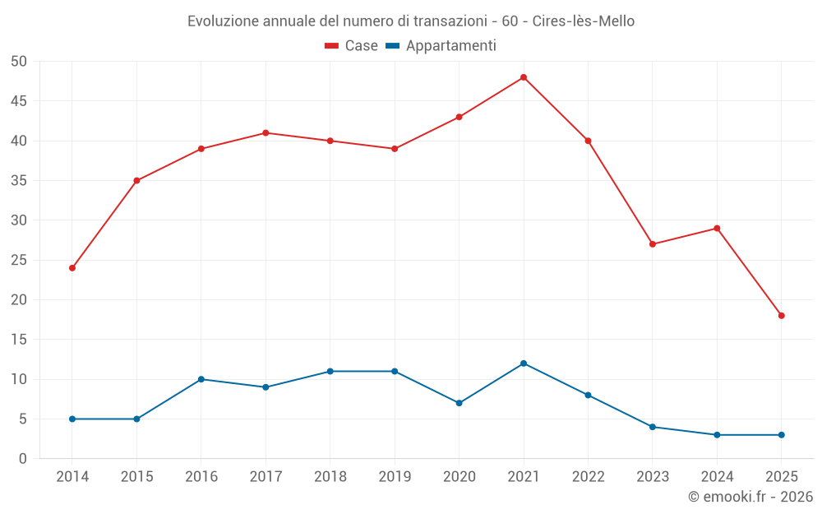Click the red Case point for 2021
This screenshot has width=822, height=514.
[524, 77]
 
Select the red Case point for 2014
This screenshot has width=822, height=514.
[72, 268]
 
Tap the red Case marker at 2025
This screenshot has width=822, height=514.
[782, 316]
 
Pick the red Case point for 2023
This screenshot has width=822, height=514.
[653, 244]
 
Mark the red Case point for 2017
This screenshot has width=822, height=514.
[266, 132]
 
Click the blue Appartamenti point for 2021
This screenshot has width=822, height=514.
[524, 364]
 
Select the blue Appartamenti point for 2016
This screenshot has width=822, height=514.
[201, 379]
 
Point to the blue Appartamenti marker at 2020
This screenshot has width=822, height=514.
[459, 403]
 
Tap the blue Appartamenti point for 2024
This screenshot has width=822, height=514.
[717, 435]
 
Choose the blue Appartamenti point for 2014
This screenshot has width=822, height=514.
[72, 419]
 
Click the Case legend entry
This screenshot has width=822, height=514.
[352, 46]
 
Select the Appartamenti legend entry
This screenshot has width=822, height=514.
[441, 46]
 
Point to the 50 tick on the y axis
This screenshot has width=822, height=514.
[20, 62]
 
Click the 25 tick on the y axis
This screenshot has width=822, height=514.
[20, 260]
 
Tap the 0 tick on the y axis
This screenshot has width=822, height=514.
[24, 459]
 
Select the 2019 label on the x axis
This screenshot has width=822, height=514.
[395, 477]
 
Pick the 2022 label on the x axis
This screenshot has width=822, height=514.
[588, 477]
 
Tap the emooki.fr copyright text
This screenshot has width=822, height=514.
[750, 497]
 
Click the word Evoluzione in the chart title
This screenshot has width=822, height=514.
[222, 21]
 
